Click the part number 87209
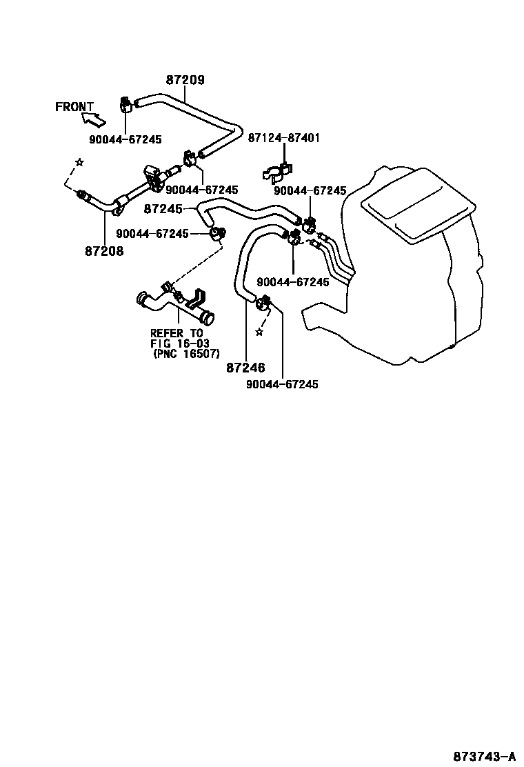(x=185, y=80)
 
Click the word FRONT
(x=74, y=107)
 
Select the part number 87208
(x=104, y=252)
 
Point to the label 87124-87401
(x=283, y=139)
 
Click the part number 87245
(x=163, y=208)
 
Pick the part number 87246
(x=245, y=368)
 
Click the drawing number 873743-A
(x=484, y=753)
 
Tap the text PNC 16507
(x=186, y=355)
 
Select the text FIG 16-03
(x=179, y=344)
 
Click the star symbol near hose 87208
(x=79, y=162)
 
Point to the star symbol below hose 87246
(x=259, y=332)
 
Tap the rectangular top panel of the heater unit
(x=419, y=205)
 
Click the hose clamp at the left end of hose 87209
(x=126, y=106)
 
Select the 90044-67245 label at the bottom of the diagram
(x=282, y=385)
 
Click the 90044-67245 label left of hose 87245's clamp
(x=152, y=234)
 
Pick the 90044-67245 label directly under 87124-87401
(x=310, y=190)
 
